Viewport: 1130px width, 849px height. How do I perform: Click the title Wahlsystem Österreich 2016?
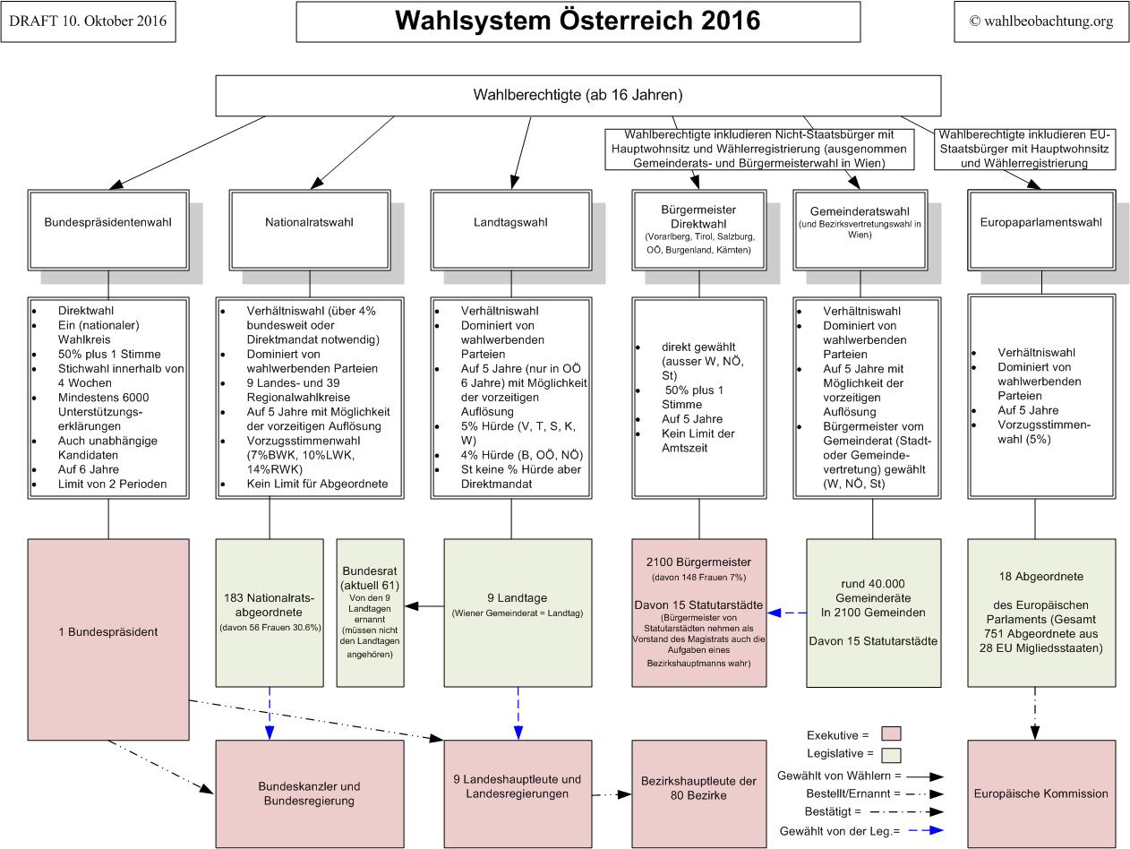(x=578, y=21)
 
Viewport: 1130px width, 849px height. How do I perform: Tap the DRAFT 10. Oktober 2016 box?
(x=88, y=21)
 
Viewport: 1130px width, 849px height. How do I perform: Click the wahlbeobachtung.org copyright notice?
(x=1040, y=21)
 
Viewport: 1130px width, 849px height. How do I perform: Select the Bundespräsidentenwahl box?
(x=107, y=222)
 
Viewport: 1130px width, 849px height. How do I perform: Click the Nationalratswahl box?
(x=309, y=222)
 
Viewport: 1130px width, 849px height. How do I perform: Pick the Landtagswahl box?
(x=510, y=222)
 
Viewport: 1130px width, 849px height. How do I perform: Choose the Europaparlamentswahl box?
(x=1040, y=222)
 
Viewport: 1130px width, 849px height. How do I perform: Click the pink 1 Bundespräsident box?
(x=108, y=631)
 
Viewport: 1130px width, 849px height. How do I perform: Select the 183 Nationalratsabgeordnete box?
(x=270, y=612)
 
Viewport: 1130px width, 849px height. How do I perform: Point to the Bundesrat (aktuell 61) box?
(x=370, y=612)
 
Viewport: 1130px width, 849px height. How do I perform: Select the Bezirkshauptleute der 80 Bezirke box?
(x=698, y=788)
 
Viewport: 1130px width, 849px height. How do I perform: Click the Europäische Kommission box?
(x=1040, y=793)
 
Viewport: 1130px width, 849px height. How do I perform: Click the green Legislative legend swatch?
(x=890, y=755)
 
